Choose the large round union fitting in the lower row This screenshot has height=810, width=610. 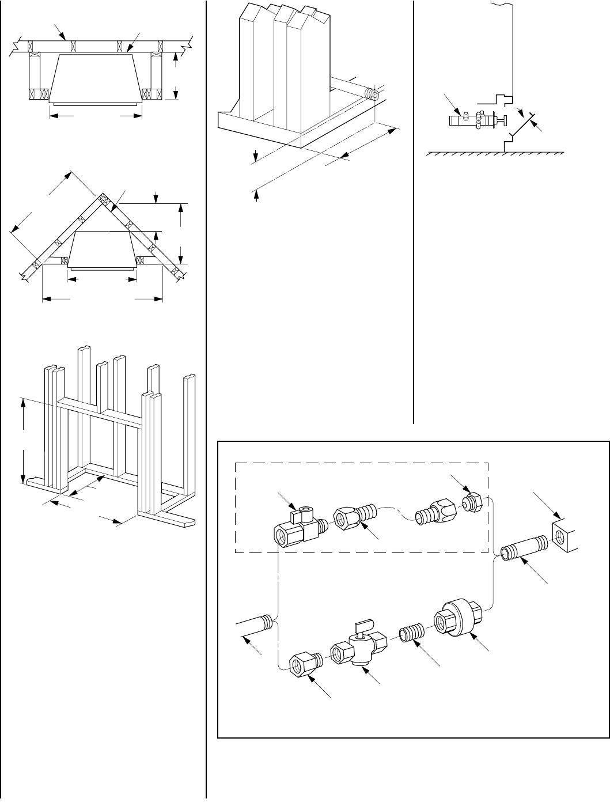456,618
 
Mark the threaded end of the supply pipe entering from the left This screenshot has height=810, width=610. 266,622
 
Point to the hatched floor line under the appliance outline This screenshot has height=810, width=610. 494,154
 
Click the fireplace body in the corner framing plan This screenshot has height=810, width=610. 102,249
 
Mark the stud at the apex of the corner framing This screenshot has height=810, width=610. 103,199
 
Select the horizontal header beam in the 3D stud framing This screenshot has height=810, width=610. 101,412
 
